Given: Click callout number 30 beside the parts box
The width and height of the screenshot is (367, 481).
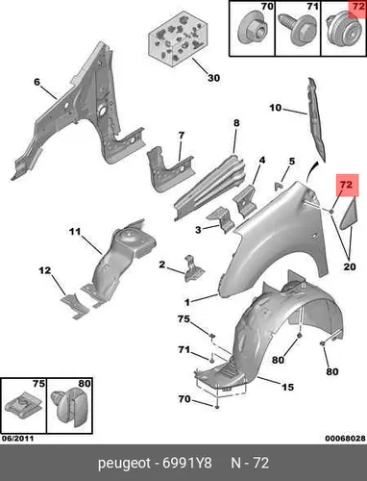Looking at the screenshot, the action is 214,78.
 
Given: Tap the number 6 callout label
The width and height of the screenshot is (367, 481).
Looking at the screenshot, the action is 37,82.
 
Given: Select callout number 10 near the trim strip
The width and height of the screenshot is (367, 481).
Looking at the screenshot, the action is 275,108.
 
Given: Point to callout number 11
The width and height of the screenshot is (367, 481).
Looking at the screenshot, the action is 75,231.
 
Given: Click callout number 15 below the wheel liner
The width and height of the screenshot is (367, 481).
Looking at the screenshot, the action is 287,388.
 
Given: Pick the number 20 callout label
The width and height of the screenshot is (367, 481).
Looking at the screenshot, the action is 350,266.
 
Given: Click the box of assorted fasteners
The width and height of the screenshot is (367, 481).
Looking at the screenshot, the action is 178,38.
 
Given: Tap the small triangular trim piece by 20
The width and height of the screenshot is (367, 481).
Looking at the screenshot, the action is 348,214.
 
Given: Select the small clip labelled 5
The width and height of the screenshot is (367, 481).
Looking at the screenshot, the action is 279,186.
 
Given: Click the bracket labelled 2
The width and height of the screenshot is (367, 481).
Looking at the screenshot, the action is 193,269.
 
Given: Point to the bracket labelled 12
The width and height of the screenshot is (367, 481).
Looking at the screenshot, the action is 74,306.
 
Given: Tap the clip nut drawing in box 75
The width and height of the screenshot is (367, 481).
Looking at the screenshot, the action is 24,407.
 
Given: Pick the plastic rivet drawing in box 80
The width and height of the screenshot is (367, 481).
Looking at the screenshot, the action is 69,407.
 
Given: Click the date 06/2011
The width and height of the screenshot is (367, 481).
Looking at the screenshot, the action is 17,439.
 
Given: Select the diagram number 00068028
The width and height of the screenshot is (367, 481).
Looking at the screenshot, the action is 345,439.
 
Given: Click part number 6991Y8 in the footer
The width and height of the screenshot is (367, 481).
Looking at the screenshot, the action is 187,463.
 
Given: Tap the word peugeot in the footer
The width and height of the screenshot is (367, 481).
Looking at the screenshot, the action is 124,464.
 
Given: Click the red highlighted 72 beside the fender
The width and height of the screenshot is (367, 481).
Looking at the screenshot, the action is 347,185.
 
